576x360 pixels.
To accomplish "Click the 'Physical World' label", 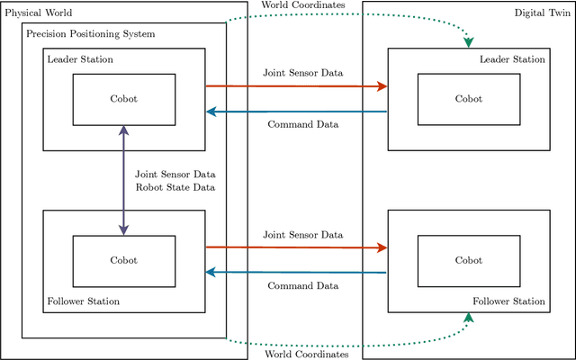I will [38, 13].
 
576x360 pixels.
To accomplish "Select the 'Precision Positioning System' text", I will [90, 34].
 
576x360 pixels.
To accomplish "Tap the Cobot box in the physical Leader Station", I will [123, 99].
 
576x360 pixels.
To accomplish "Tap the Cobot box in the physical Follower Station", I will [123, 260].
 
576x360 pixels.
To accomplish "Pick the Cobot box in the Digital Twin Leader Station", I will [468, 99].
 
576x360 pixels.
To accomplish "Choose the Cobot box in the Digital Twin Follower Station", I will [468, 260].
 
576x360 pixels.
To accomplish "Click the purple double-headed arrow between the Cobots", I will [123, 180].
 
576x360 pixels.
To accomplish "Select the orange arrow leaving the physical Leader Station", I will [297, 86].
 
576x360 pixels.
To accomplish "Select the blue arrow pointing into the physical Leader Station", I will [297, 112].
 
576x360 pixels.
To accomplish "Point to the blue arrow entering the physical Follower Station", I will [297, 273].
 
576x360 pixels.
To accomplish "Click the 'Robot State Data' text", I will [175, 187].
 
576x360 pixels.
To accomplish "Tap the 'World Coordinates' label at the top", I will [303, 5].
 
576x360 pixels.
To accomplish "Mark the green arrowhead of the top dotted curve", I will [468, 43].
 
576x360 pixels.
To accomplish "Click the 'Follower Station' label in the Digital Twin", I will [508, 301].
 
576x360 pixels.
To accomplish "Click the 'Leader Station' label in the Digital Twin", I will [513, 59].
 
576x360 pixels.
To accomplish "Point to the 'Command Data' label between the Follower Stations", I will [303, 285].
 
